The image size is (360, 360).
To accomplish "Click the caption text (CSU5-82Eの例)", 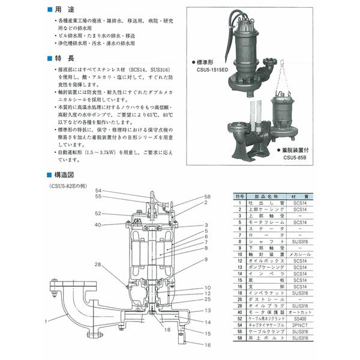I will [x=71, y=187].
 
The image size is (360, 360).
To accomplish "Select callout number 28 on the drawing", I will [x=97, y=264].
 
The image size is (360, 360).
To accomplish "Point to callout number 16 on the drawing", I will [x=208, y=345].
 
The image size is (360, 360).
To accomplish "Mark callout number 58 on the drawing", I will [x=208, y=196].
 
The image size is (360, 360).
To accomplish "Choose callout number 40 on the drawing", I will [x=97, y=225].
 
